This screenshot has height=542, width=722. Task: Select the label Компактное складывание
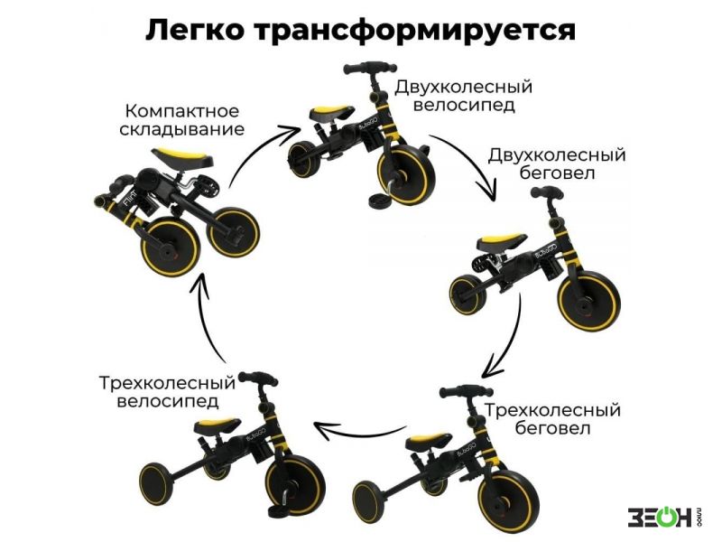pyautogui.click(x=182, y=120)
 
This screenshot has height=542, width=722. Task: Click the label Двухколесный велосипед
pyautogui.click(x=463, y=96)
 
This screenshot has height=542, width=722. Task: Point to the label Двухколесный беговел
pyautogui.click(x=557, y=164)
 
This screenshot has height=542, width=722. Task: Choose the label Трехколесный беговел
pyautogui.click(x=552, y=419)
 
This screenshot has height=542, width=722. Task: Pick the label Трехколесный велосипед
pyautogui.click(x=167, y=391)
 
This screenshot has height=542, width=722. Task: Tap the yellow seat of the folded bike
pyautogui.click(x=182, y=156)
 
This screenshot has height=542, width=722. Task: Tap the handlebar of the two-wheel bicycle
pyautogui.click(x=369, y=68)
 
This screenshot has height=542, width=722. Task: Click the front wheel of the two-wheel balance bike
pyautogui.click(x=589, y=302)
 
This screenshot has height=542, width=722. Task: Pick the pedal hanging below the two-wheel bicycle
pyautogui.click(x=380, y=200)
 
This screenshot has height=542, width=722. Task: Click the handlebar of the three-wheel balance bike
pyautogui.click(x=466, y=392)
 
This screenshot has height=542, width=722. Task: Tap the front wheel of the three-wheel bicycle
pyautogui.click(x=296, y=486)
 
